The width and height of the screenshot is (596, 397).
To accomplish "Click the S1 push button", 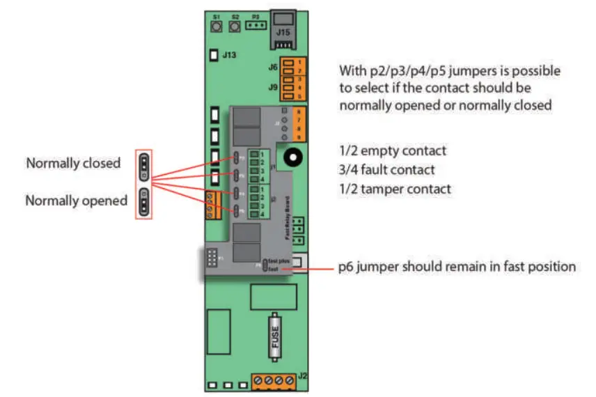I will [x=216, y=26].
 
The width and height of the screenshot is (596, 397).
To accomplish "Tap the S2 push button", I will [x=235, y=26].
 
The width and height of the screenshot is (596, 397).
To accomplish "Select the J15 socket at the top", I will [x=283, y=28].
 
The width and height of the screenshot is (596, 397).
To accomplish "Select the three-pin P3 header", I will [x=256, y=26].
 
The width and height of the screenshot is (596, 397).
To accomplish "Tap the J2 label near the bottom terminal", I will [x=302, y=377].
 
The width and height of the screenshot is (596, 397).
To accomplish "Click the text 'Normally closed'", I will [x=73, y=164].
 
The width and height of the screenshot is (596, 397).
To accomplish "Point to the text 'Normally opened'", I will [x=76, y=201].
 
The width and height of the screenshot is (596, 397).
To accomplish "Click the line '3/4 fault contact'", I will [x=386, y=169].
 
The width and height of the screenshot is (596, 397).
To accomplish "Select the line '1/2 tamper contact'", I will [x=395, y=189].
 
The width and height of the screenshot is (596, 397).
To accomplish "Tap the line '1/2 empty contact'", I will [x=392, y=150].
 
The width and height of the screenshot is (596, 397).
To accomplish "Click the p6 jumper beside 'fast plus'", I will [x=264, y=264].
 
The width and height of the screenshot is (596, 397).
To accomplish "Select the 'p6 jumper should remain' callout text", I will [x=457, y=267].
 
